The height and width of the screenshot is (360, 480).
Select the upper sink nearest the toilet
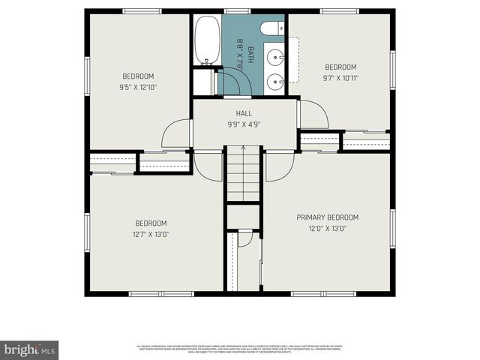274,56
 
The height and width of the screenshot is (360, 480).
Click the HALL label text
244,113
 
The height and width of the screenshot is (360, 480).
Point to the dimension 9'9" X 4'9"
244,124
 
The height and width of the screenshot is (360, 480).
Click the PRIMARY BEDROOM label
327,217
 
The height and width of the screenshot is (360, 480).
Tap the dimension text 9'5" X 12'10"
139,87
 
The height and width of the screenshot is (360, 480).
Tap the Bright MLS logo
30,349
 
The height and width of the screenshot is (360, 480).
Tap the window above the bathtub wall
237,12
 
